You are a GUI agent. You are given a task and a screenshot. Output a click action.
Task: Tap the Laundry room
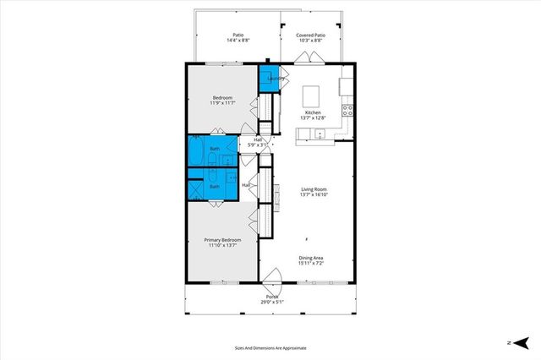(x=270, y=78)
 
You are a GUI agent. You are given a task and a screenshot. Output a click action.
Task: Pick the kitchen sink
(x=320, y=134)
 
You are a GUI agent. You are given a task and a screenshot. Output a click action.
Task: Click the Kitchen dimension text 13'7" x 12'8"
(x=313, y=118)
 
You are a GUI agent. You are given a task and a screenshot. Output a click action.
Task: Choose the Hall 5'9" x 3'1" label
(x=258, y=143)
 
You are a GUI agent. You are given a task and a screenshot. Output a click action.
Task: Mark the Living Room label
(x=313, y=192)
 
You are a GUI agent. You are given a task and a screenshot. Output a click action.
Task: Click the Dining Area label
(x=311, y=260)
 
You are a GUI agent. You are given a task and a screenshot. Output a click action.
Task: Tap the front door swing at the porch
(x=271, y=279)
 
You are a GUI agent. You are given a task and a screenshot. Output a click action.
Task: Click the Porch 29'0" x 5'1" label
(x=272, y=299)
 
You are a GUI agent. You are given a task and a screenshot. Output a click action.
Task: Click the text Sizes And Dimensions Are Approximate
(x=270, y=347)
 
